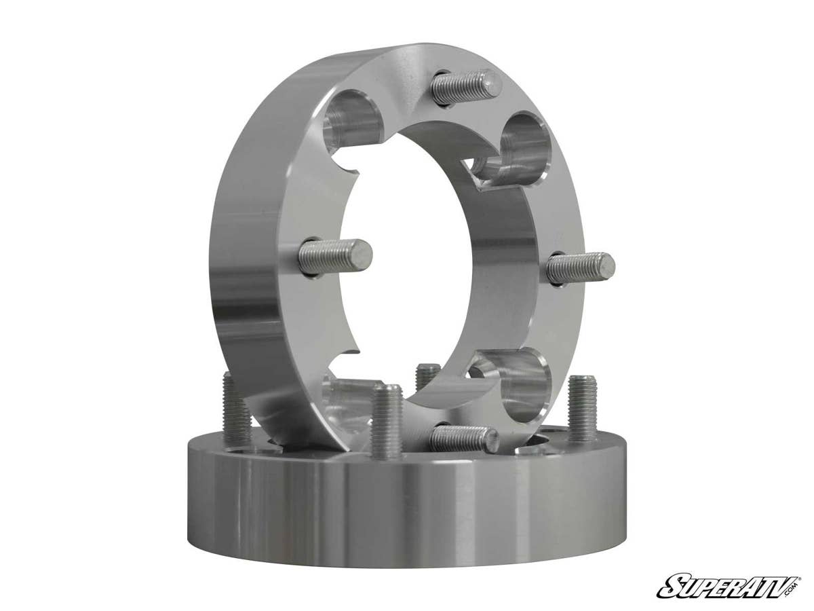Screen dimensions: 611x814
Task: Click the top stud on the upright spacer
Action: click(x=467, y=87)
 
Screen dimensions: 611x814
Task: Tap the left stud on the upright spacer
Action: click(x=335, y=257)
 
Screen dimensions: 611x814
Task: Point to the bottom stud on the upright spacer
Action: click(x=464, y=438)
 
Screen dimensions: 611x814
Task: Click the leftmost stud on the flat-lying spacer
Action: click(x=237, y=410)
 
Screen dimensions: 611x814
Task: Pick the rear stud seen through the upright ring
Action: click(x=427, y=376)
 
